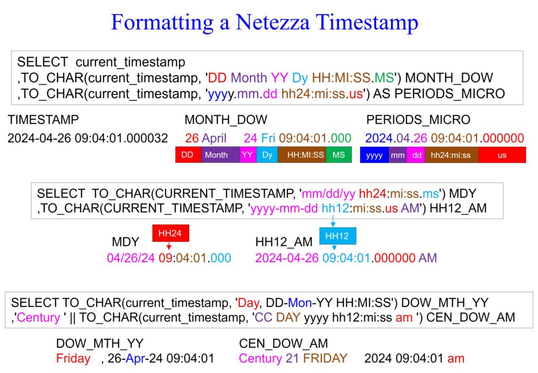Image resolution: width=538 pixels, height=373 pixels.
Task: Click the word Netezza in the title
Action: pos(273,22)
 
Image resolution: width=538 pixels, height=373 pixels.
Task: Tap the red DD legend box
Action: pos(188,155)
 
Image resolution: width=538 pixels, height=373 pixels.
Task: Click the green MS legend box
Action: pos(339,155)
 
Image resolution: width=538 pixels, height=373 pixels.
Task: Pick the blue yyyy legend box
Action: pos(374,155)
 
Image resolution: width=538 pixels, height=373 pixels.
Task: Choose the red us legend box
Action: pos(502,155)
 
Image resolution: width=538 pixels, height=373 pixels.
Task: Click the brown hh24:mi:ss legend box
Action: pos(451,155)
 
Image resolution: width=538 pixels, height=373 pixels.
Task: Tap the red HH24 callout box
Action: pos(171,233)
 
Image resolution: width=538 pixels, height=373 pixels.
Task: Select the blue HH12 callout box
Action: pos(338,236)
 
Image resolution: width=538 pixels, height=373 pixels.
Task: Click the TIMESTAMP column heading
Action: pos(43,120)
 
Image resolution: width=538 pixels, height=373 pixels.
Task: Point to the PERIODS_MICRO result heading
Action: pos(418,120)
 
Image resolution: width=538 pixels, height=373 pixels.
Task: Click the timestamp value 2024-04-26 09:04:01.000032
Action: pos(88,138)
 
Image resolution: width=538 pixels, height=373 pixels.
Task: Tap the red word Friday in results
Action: pos(73,359)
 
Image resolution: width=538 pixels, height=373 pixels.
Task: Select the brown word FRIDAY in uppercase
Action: pos(325,358)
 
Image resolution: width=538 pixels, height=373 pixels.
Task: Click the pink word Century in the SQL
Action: pos(38,317)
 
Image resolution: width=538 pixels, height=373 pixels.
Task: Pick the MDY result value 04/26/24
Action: pos(131,258)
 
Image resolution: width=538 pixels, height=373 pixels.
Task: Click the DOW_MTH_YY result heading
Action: pos(100,343)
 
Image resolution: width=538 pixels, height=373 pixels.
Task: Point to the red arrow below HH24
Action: pos(169,246)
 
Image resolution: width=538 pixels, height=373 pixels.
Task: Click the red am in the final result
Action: pos(456,359)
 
